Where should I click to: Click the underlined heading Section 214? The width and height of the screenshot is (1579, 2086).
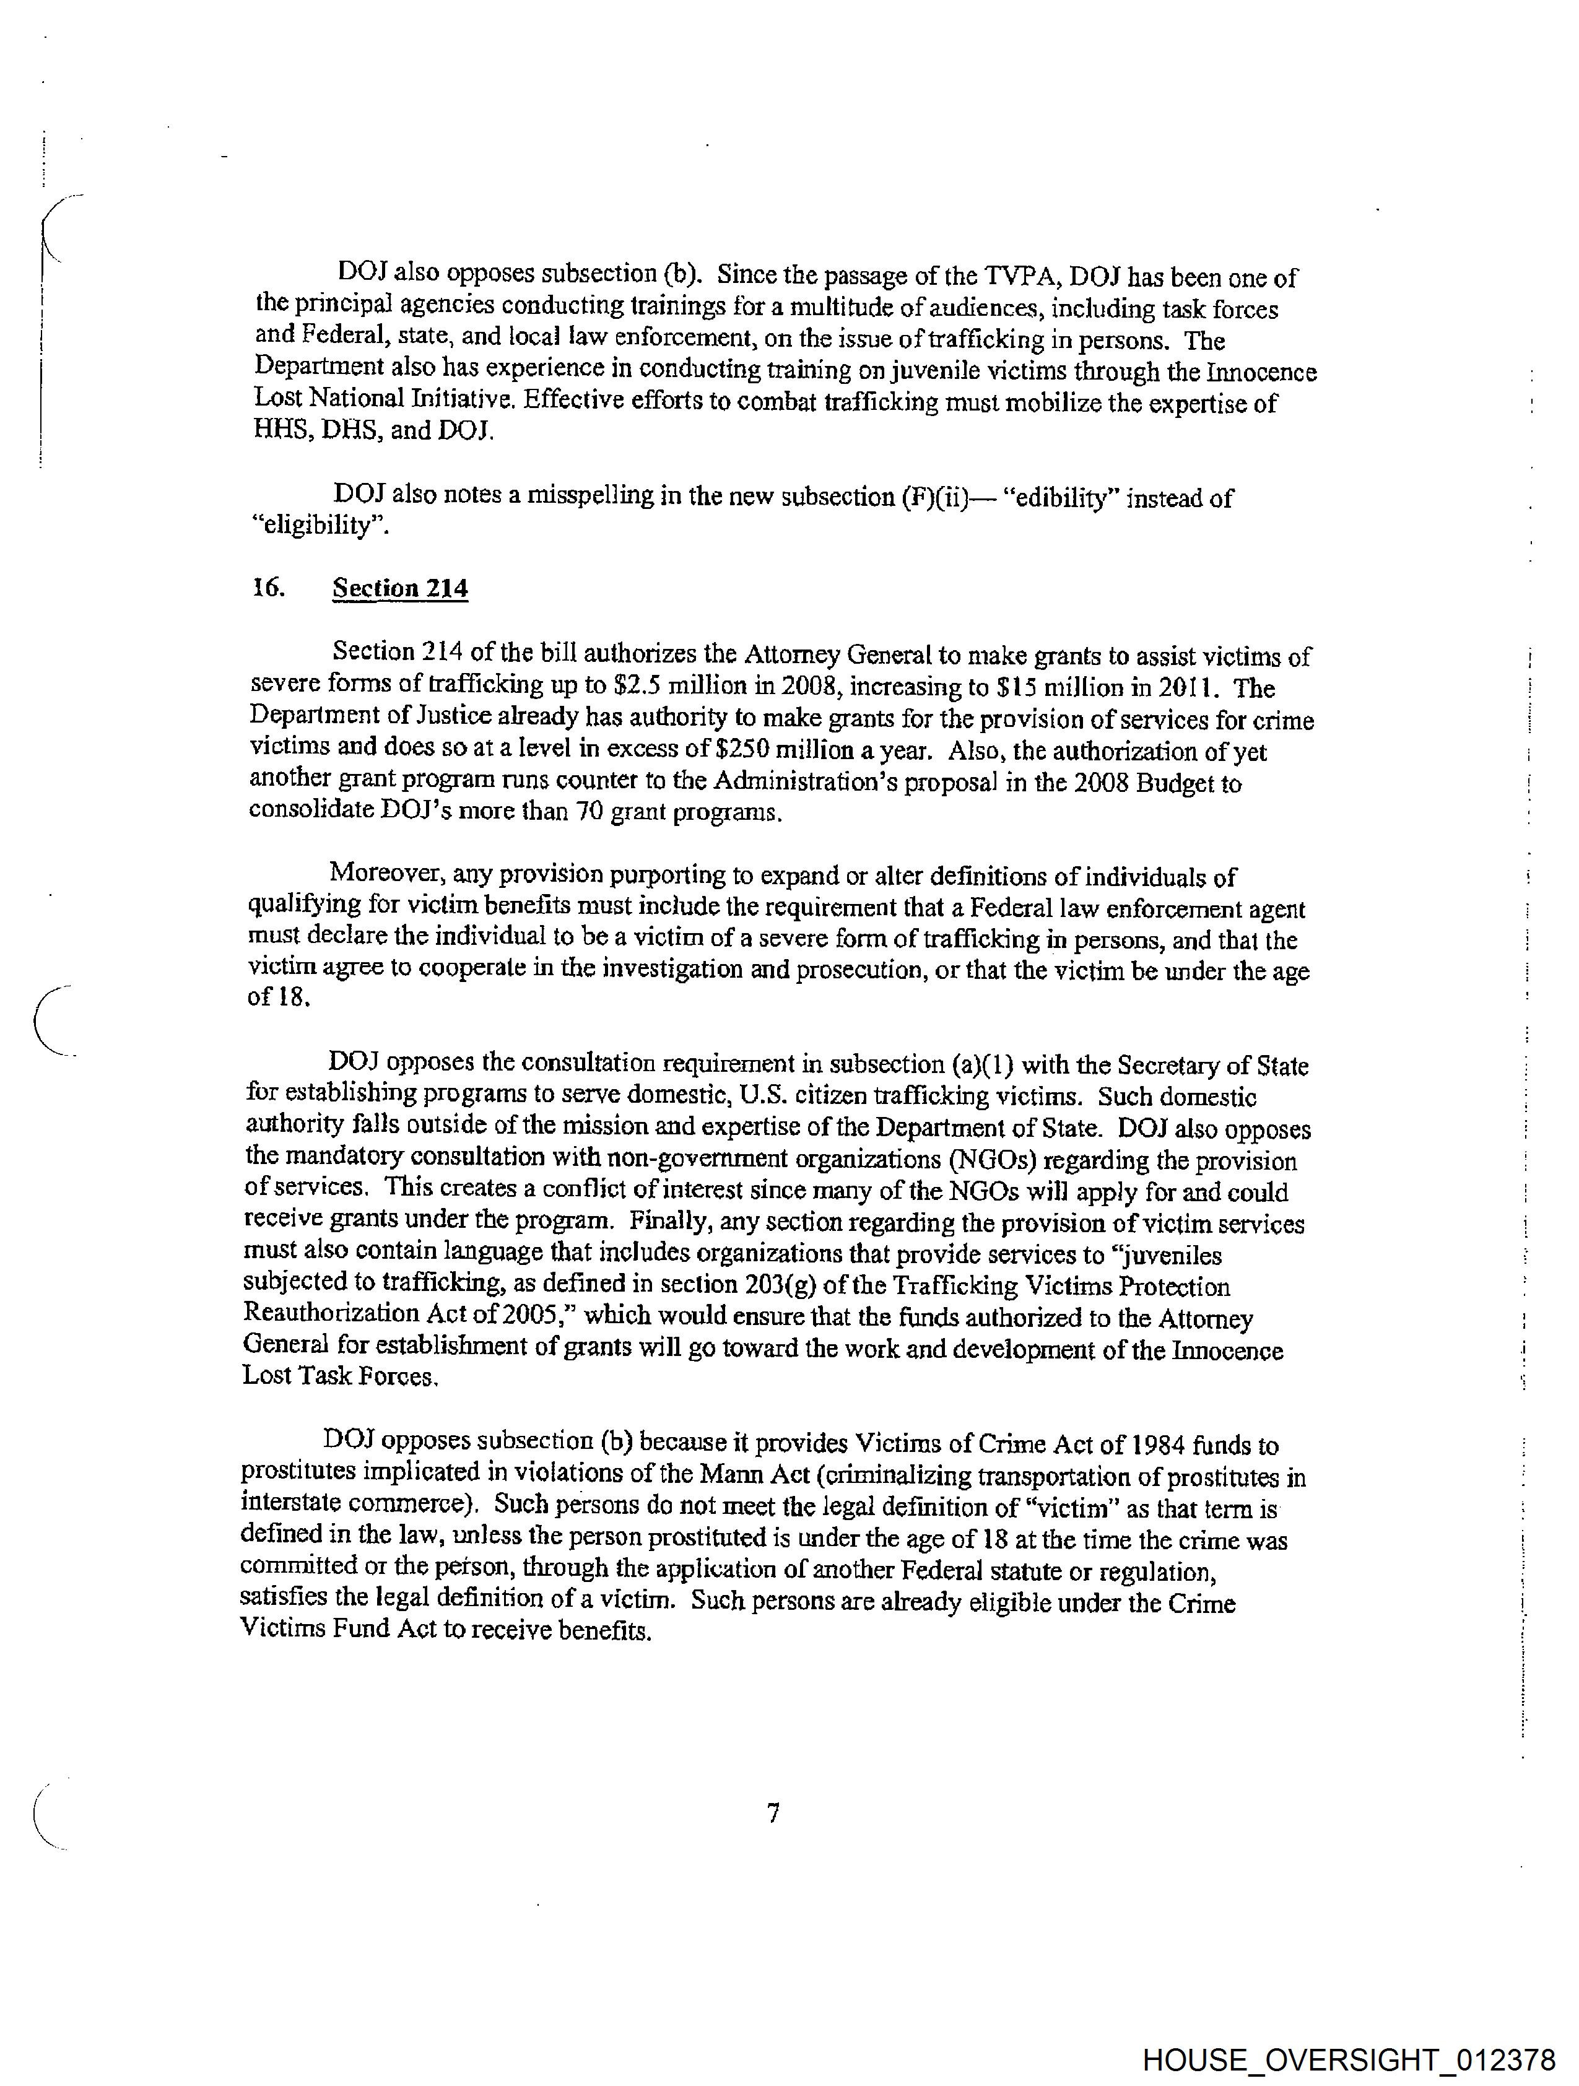(x=400, y=588)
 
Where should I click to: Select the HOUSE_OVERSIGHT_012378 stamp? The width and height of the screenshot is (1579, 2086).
(x=1348, y=2059)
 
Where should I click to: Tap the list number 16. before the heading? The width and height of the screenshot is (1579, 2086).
(x=269, y=588)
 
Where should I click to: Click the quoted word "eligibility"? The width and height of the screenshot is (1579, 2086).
(x=320, y=526)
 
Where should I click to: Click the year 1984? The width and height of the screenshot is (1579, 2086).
(x=1157, y=1445)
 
